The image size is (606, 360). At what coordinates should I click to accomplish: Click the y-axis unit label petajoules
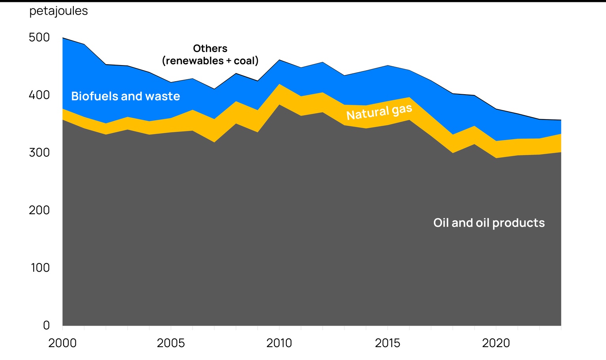pyautogui.click(x=58, y=11)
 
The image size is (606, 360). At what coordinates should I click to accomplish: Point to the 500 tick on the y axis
pyautogui.click(x=39, y=37)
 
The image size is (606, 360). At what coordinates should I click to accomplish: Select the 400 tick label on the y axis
pyautogui.click(x=39, y=95)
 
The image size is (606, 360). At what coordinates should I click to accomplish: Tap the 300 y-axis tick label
pyautogui.click(x=39, y=153)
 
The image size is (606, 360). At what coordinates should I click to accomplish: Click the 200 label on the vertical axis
pyautogui.click(x=39, y=210)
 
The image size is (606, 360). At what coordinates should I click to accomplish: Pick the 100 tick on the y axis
pyautogui.click(x=40, y=268)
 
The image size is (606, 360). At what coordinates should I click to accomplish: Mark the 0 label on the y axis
pyautogui.click(x=46, y=325)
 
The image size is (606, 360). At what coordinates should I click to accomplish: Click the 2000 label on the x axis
pyautogui.click(x=62, y=343)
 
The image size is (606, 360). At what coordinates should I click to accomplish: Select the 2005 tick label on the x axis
pyautogui.click(x=171, y=343)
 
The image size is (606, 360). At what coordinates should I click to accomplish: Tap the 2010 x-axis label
pyautogui.click(x=279, y=343)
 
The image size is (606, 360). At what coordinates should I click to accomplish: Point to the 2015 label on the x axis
pyautogui.click(x=387, y=343)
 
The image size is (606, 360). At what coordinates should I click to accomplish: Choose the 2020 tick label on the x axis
pyautogui.click(x=496, y=343)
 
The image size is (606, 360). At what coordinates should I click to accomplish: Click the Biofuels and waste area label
pyautogui.click(x=125, y=96)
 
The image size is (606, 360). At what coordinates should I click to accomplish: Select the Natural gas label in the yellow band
pyautogui.click(x=379, y=112)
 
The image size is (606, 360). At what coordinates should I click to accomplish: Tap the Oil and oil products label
pyautogui.click(x=489, y=223)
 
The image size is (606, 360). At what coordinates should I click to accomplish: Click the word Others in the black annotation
pyautogui.click(x=210, y=48)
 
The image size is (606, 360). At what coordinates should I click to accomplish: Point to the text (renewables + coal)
pyautogui.click(x=210, y=61)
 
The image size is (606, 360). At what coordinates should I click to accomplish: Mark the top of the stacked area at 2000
pyautogui.click(x=63, y=38)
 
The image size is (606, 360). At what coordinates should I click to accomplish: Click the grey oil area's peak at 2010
pyautogui.click(x=279, y=105)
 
